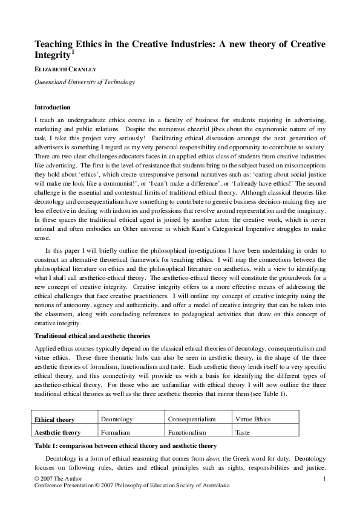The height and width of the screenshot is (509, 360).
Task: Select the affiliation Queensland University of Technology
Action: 85,82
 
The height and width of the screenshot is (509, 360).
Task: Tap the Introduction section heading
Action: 52,107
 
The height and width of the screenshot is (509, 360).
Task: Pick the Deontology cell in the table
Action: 115,419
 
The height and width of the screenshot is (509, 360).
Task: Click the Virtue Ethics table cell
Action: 253,419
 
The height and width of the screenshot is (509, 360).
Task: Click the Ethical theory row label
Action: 54,420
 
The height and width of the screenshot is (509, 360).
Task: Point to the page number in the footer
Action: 325,479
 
